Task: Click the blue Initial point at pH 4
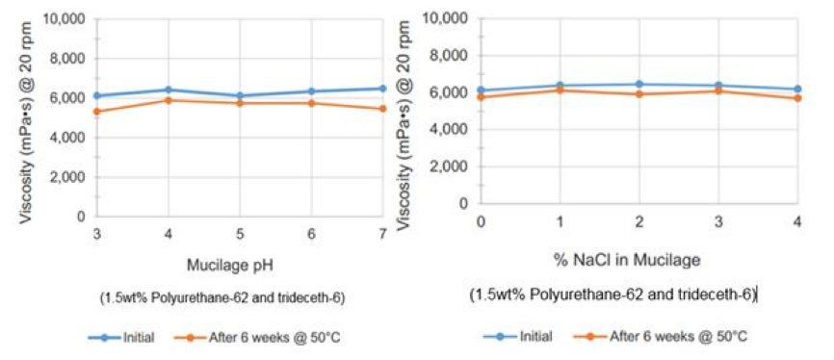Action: pos(169,90)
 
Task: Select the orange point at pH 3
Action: pos(96,112)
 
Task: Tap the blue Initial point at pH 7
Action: pos(382,89)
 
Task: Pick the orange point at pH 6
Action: pos(311,102)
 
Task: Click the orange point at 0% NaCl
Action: pos(481,97)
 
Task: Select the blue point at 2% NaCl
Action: pos(638,85)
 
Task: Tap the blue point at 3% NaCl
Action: pos(717,86)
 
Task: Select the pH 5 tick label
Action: pos(240,234)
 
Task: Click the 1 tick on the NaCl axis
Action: pos(560,221)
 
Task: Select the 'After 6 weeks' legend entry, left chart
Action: pos(255,337)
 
